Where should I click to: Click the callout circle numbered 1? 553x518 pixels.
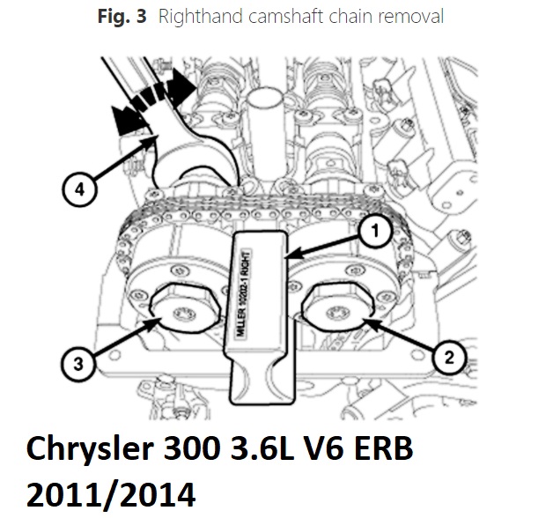375,231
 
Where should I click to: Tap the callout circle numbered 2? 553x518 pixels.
449,358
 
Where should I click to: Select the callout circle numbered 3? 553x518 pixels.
78,364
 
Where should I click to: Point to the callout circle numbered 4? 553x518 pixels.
79,189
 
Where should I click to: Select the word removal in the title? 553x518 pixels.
411,17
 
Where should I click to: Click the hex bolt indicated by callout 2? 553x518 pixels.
337,307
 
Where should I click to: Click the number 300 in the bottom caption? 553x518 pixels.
193,448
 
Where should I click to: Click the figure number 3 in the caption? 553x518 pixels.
142,17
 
